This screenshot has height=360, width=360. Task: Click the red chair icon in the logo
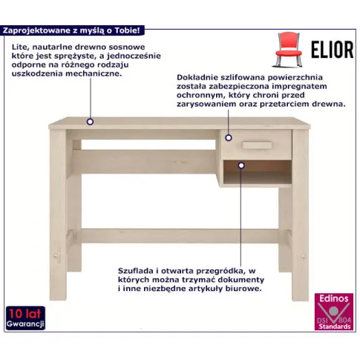click(x=289, y=50)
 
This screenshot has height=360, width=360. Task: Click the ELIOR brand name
click(x=332, y=50)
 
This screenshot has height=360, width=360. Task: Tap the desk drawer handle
click(x=257, y=145)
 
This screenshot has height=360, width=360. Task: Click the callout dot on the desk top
click(x=90, y=122)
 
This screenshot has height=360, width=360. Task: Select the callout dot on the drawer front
click(x=229, y=138)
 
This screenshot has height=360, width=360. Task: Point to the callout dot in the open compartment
click(x=241, y=166)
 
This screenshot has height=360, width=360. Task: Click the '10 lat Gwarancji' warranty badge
click(x=25, y=318)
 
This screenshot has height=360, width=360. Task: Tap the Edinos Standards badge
click(x=333, y=312)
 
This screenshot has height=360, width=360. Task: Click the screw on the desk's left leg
click(x=56, y=256)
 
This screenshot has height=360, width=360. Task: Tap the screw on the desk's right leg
click(x=303, y=256)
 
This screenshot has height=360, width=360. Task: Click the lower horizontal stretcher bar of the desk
click(x=180, y=236)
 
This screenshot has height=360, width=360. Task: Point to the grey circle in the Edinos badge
click(x=333, y=311)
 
